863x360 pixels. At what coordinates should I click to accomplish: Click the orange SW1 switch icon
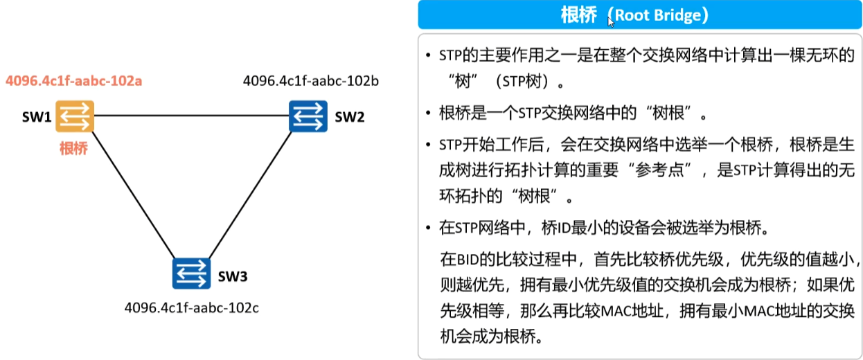[75, 116]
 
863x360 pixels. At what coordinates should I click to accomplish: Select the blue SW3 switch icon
[191, 273]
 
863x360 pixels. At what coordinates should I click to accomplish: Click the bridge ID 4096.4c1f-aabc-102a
[74, 81]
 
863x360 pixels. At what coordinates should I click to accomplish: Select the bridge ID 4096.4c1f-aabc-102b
[311, 81]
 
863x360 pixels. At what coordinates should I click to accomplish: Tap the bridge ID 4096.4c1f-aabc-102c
[192, 307]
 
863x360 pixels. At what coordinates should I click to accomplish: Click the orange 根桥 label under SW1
[73, 148]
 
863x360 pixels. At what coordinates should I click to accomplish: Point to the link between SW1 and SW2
[191, 116]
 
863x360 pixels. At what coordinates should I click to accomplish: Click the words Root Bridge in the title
[661, 15]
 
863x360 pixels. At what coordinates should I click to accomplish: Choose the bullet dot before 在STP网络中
[429, 227]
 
